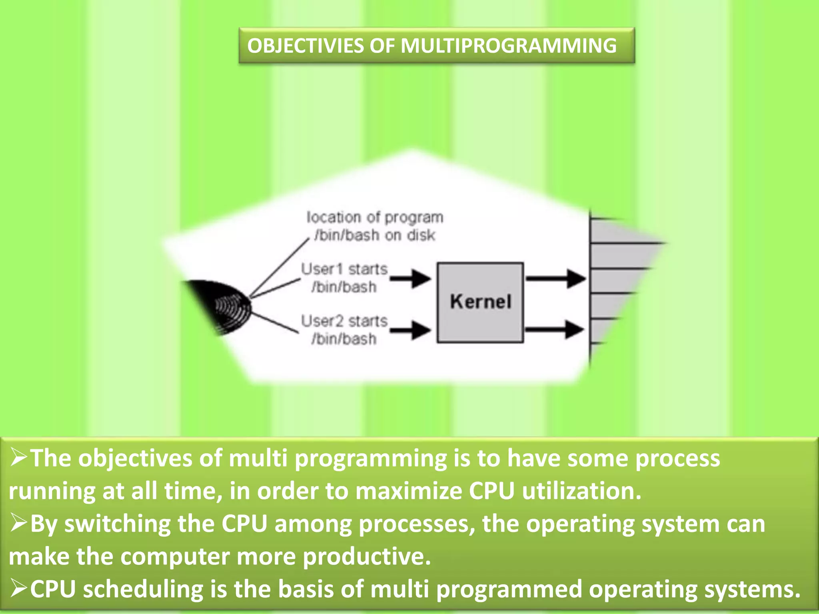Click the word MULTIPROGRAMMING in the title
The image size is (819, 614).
[x=508, y=46]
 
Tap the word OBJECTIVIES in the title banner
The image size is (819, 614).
[x=305, y=46]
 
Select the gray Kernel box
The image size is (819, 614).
[x=480, y=302]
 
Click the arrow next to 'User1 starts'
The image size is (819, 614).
[x=411, y=278]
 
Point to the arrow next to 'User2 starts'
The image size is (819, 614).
[x=411, y=330]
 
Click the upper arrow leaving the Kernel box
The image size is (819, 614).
[x=556, y=278]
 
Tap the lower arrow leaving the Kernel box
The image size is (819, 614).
[x=555, y=330]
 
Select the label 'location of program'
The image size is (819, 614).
[x=375, y=217]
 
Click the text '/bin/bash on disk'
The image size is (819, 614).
[x=375, y=235]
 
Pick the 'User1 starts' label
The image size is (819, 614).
[x=344, y=269]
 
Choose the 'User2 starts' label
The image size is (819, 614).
[x=344, y=321]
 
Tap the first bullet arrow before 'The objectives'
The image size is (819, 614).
[x=18, y=458]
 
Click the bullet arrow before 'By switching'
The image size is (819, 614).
[x=18, y=523]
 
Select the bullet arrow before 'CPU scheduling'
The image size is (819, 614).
[x=18, y=589]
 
